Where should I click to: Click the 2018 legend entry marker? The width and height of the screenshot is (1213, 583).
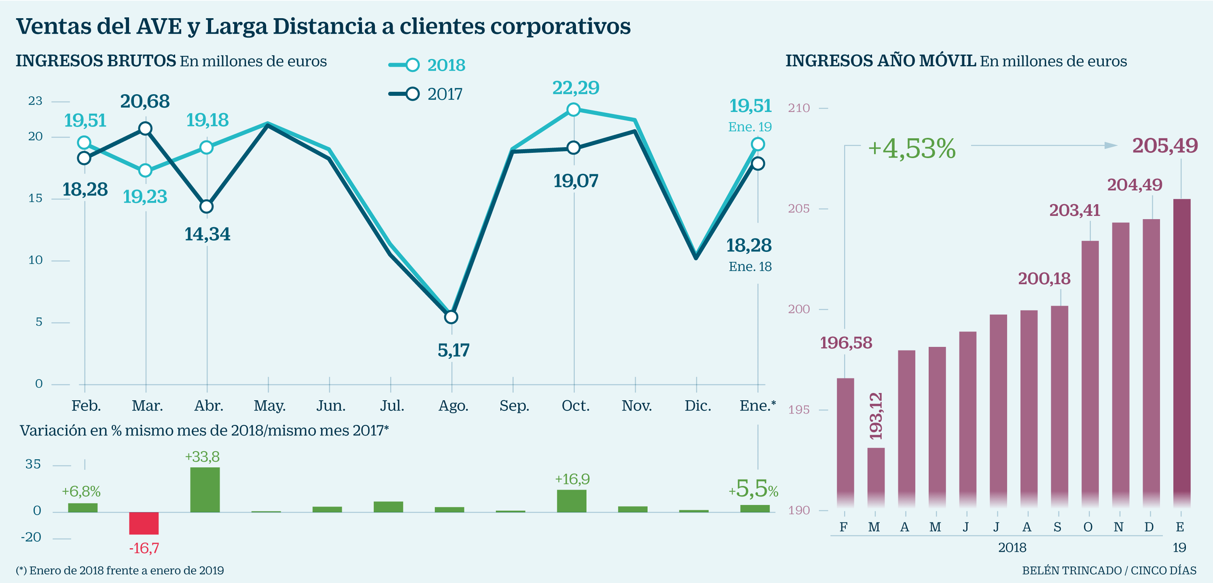tap(412, 65)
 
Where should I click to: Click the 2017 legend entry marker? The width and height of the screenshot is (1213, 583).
tap(412, 94)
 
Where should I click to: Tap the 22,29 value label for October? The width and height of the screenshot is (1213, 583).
tap(575, 88)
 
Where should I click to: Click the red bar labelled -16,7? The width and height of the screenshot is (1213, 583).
tap(144, 523)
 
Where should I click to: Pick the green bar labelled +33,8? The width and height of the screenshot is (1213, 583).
tap(205, 489)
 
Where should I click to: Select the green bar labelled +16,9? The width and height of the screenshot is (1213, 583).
tap(572, 501)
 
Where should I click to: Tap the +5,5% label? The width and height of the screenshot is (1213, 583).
tap(753, 489)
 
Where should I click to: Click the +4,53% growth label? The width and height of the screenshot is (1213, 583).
tap(912, 148)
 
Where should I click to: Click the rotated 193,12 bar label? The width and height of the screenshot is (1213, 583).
tap(876, 416)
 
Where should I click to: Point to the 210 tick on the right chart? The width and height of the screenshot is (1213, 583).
tap(799, 108)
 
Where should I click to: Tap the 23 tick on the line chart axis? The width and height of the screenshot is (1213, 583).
tap(35, 101)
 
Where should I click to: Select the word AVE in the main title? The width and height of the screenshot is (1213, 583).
tap(158, 26)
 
